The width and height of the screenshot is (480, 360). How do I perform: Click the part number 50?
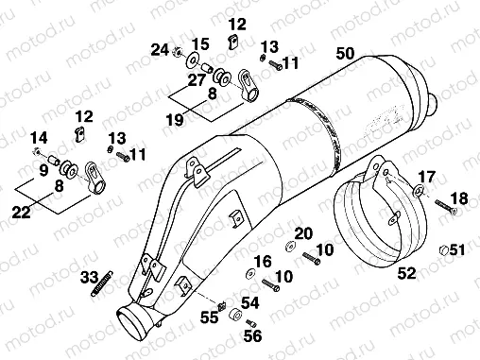pyautogui.click(x=345, y=54)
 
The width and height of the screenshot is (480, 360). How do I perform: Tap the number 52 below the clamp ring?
pyautogui.click(x=406, y=273)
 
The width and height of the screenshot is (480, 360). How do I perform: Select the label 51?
pyautogui.click(x=457, y=249)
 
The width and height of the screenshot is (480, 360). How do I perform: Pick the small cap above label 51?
pyautogui.click(x=440, y=249)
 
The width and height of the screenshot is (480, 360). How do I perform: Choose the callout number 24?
pyautogui.click(x=160, y=49)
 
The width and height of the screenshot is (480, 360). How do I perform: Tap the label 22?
pyautogui.click(x=43, y=170)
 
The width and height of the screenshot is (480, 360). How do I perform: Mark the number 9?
pyautogui.click(x=43, y=170)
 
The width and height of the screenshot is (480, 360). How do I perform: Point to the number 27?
pyautogui.click(x=196, y=81)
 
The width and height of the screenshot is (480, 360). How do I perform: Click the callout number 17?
pyautogui.click(x=427, y=176)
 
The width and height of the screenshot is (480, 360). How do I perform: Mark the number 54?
pyautogui.click(x=249, y=301)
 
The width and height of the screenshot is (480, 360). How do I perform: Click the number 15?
pyautogui.click(x=199, y=45)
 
